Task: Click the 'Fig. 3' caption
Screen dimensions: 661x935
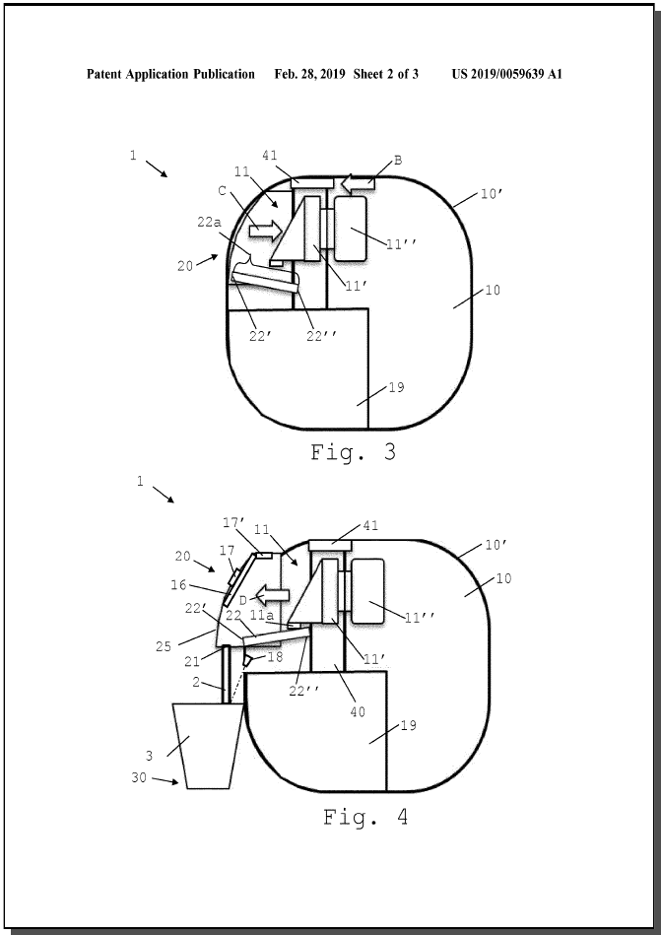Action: coord(354,452)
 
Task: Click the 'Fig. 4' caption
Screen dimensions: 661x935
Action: coord(366,817)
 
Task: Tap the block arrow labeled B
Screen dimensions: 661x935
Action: coord(359,182)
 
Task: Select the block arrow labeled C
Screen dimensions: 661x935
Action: coord(265,231)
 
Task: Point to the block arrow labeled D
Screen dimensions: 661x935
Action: coord(273,595)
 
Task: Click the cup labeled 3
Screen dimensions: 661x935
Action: coord(208,746)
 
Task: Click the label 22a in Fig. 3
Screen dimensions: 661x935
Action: coord(209,222)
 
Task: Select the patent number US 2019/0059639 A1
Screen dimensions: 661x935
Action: coord(506,74)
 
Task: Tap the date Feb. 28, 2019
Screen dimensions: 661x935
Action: coord(310,74)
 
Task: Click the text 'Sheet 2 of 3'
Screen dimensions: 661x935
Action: coord(385,74)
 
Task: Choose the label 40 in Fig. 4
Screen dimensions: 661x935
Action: coord(358,711)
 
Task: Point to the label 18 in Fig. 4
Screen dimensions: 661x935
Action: coord(276,656)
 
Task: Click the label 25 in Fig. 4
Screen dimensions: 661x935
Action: coord(164,645)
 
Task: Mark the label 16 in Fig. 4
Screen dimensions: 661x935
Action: coord(179,585)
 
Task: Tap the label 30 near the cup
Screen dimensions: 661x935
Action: coord(139,777)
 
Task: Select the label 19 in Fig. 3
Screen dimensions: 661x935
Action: coord(396,387)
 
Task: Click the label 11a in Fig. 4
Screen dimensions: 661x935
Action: coord(262,615)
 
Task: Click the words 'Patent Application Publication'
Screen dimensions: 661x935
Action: coord(170,74)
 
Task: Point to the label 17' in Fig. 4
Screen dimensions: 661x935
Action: coord(233,523)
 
